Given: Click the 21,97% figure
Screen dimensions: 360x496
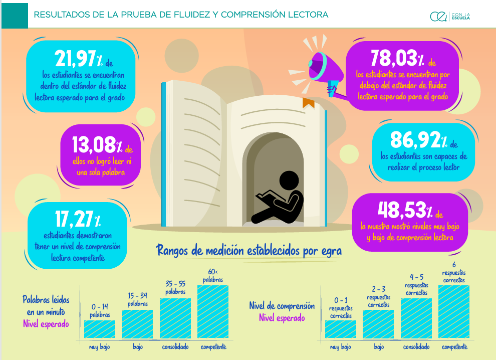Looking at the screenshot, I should (76, 60).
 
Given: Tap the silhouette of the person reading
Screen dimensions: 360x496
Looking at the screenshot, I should (279, 197).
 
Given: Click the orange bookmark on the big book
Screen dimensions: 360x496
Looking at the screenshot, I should (308, 103).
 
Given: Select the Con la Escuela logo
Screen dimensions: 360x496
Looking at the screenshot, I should (450, 17).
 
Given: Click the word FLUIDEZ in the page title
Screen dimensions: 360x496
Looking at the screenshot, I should (188, 15).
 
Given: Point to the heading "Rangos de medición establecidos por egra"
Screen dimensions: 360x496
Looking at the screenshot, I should (249, 250).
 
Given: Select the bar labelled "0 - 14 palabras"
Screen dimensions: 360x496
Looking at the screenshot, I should (100, 328).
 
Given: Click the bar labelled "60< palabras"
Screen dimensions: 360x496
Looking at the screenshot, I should (213, 311).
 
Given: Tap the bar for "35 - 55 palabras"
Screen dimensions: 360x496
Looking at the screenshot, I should (175, 318).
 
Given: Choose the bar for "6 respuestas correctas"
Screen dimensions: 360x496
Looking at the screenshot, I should (454, 311).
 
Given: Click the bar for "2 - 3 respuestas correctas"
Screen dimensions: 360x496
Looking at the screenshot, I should (378, 324).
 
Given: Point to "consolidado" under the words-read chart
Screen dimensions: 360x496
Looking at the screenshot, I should (175, 347).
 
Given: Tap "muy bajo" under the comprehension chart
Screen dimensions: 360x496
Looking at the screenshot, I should (340, 347).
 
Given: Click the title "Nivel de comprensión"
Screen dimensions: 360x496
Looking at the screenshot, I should (282, 306).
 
